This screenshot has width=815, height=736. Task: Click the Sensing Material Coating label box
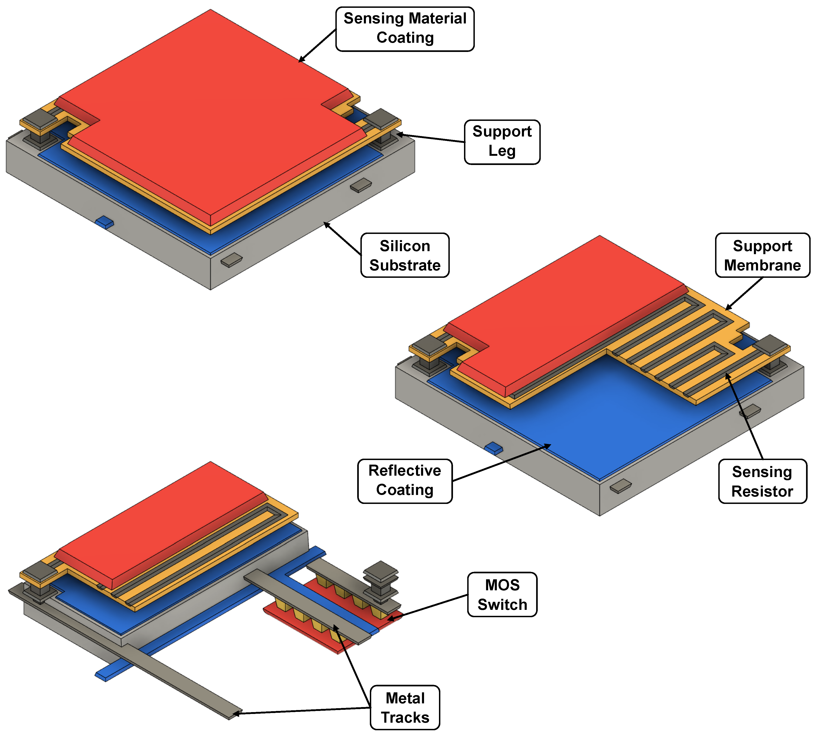(405, 29)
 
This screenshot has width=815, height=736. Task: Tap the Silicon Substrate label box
(405, 255)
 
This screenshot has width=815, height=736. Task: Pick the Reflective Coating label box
(405, 481)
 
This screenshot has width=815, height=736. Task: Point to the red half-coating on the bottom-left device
(162, 526)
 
